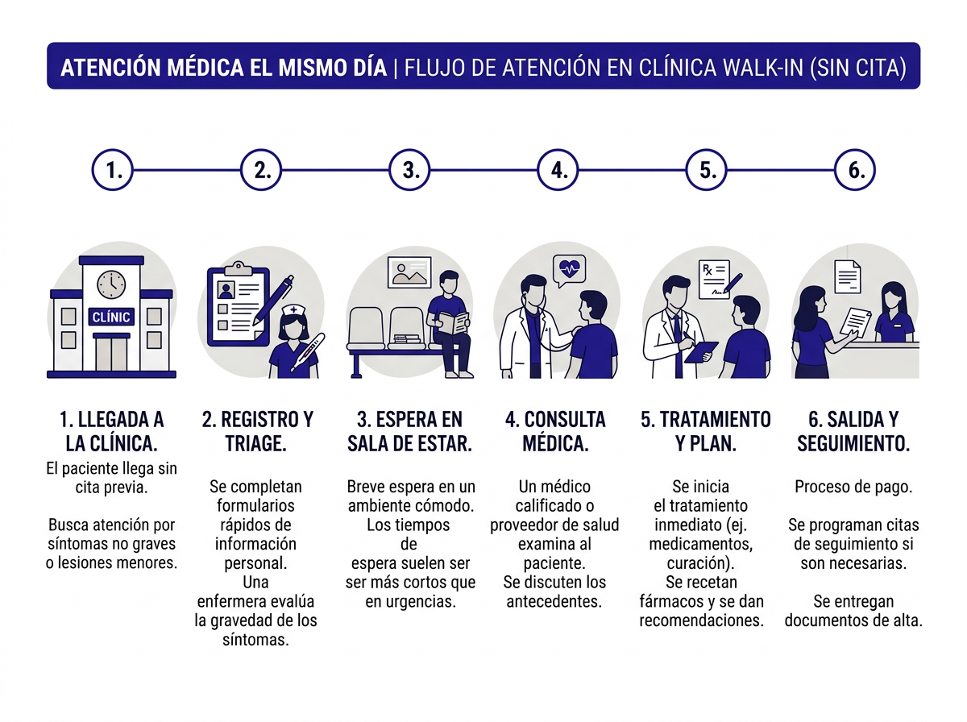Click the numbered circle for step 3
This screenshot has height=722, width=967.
pos(409,170)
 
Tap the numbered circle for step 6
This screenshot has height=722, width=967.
pos(855,170)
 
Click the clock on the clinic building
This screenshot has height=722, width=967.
pos(111,284)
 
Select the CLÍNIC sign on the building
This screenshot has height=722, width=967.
pos(111,317)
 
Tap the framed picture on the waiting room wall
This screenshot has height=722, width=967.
pos(409,272)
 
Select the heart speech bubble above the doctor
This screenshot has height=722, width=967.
pos(569,268)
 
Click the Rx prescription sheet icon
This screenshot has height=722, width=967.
pos(713,279)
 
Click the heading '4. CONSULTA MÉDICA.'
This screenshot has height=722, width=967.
pos(555,431)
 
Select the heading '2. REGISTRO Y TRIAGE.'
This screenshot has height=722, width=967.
pos(257,431)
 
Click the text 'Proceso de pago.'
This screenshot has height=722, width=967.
pos(853,487)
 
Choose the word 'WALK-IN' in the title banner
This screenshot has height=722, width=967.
pos(762,67)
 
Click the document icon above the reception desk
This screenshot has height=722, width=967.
pos(845,276)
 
